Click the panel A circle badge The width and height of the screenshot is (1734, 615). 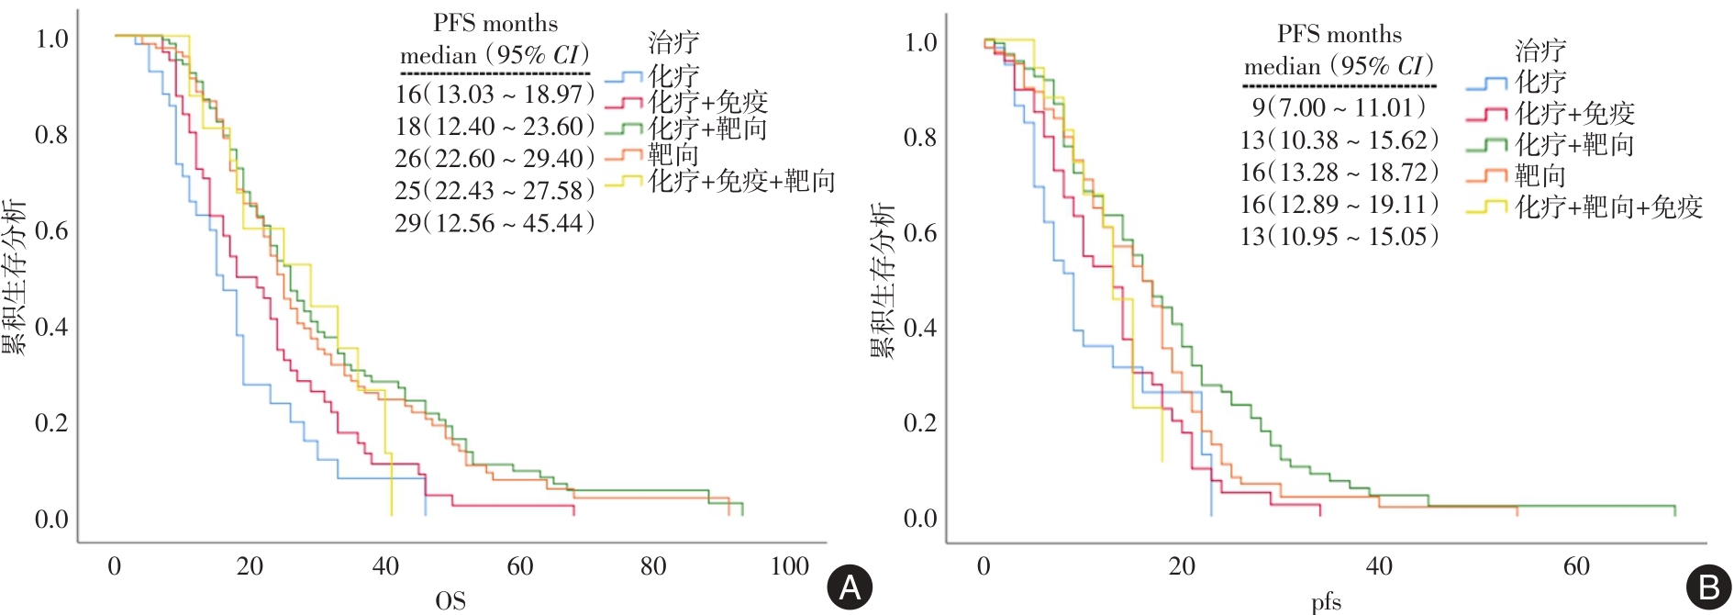tap(850, 587)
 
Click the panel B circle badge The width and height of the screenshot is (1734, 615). tap(1709, 587)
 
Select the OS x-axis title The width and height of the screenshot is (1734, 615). tap(450, 601)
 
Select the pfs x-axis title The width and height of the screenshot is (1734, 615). tap(1326, 602)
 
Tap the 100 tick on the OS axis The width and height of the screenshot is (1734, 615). tap(789, 566)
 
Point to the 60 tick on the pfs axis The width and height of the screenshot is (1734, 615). tap(1576, 566)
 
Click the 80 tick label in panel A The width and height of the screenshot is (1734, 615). tap(653, 566)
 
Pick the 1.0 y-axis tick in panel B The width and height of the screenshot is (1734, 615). tap(920, 42)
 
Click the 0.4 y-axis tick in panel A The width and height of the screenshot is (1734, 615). tap(51, 327)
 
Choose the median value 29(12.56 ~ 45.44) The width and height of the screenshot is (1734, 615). tap(495, 223)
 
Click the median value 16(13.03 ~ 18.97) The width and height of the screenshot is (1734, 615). tap(495, 95)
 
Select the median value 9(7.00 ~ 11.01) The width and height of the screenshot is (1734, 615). tap(1339, 108)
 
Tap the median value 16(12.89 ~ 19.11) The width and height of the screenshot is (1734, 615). tap(1339, 205)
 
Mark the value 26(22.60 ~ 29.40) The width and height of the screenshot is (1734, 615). tap(495, 159)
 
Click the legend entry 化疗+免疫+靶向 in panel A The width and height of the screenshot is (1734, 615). tap(741, 181)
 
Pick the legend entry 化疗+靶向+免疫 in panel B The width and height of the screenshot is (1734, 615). tap(1608, 207)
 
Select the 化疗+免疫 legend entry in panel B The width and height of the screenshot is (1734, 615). tap(1574, 114)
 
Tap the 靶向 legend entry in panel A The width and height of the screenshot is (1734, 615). tap(673, 154)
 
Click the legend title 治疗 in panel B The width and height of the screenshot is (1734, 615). tap(1540, 50)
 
